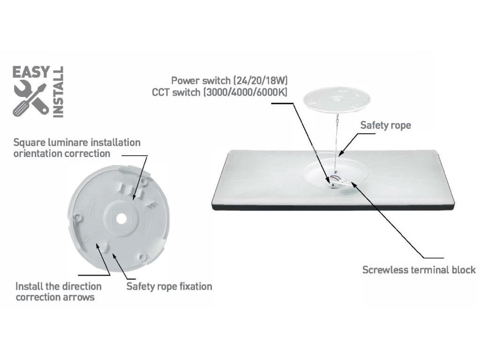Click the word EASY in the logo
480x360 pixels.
click(30, 72)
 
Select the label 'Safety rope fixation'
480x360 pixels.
click(169, 286)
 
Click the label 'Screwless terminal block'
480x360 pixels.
click(419, 270)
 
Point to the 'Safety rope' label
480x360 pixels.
click(385, 125)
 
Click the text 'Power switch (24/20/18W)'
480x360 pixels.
click(226, 81)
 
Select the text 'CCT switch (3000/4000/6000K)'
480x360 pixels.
click(220, 92)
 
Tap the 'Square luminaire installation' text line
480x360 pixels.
click(77, 142)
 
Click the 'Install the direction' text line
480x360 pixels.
click(59, 286)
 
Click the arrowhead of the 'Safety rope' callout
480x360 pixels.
click(341, 154)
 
